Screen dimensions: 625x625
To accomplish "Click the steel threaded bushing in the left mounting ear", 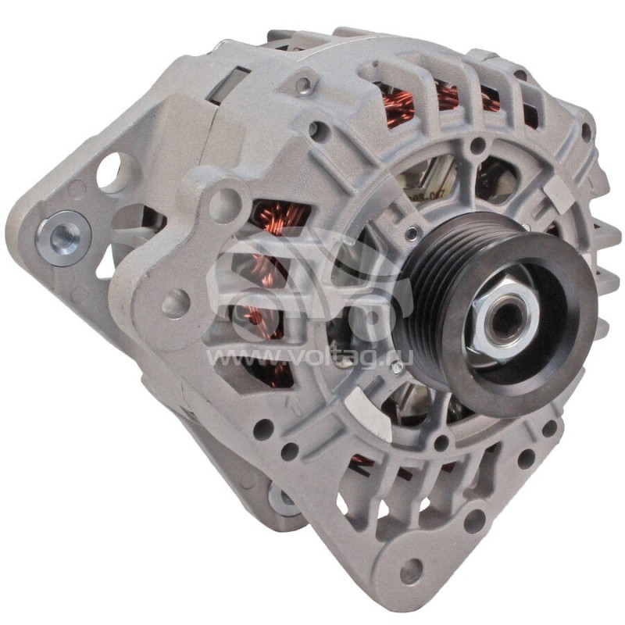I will (62, 234).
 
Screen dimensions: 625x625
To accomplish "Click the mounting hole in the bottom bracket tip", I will (411, 572).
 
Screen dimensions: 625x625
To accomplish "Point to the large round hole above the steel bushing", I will (109, 171).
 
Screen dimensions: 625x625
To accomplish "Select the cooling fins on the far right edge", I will (602, 258).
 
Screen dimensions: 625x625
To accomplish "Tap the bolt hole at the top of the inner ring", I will (476, 145).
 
